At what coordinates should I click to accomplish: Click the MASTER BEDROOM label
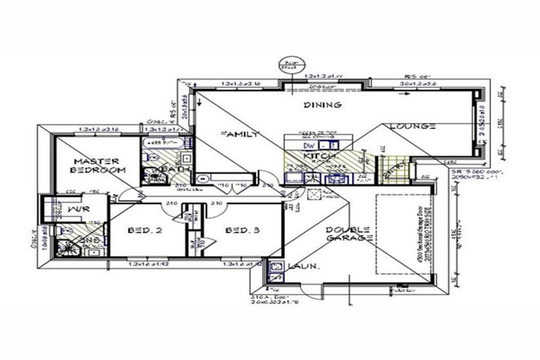(98, 165)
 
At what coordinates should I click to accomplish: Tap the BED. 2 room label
(146, 231)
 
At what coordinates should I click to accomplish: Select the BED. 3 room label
(243, 231)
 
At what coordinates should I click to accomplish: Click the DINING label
(322, 105)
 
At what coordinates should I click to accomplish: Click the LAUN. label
(303, 267)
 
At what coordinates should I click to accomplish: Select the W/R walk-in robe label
(78, 209)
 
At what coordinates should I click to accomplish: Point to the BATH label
(172, 169)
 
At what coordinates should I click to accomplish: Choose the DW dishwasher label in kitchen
(307, 146)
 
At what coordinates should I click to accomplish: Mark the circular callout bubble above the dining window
(288, 63)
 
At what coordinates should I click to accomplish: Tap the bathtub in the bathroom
(162, 144)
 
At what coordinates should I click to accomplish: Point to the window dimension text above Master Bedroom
(100, 129)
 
